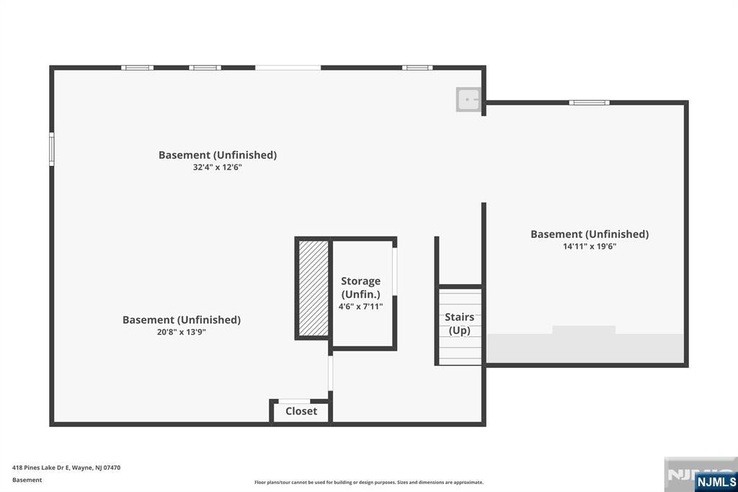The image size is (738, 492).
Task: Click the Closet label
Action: (301, 411)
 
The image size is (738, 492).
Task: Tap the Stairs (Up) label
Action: (459, 324)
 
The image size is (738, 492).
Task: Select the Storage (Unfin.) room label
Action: (360, 287)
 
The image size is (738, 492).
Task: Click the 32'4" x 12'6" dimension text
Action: (218, 167)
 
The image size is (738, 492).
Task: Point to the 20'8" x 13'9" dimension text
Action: (182, 332)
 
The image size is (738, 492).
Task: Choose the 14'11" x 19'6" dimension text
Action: (590, 246)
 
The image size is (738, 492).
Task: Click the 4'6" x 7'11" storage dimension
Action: (360, 307)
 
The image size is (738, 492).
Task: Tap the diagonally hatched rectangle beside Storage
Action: (314, 288)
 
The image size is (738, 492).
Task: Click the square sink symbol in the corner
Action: (468, 100)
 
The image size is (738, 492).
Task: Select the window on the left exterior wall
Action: (52, 149)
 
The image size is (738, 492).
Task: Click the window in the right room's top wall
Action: (590, 102)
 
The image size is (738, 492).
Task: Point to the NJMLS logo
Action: (716, 481)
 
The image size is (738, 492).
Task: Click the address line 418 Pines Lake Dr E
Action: (66, 467)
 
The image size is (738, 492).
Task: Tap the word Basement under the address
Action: (27, 480)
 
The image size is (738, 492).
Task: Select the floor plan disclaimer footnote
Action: (369, 482)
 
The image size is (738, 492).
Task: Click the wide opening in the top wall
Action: (288, 68)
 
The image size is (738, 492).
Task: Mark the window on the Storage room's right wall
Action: (395, 271)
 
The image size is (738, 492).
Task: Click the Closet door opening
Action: (294, 402)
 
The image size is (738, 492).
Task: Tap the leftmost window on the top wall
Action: (138, 68)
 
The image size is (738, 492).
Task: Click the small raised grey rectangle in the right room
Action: (584, 330)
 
